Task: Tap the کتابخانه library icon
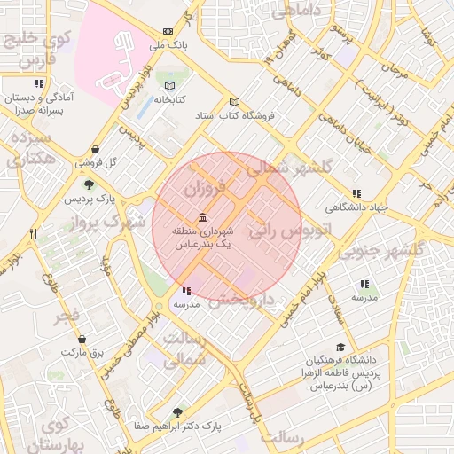pos(170,86)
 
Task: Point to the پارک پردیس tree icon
pos(89,184)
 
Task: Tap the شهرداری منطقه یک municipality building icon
pos(204,218)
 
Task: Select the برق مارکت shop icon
pos(82,339)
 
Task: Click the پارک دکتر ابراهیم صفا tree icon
pos(177,412)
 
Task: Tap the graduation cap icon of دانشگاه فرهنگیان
pos(340,348)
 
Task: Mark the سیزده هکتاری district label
pos(32,149)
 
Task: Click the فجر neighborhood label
pos(67,317)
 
